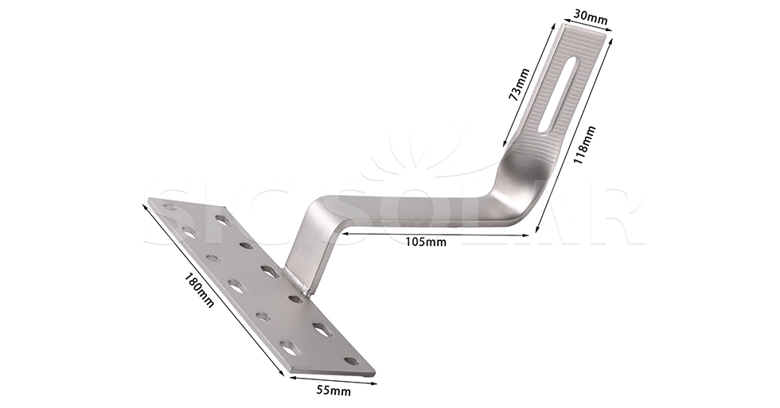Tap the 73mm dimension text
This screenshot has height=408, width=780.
(x=518, y=85)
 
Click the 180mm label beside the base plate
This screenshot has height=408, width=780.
(x=198, y=290)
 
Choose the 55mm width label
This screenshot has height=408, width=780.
(x=328, y=391)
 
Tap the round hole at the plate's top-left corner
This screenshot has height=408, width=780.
(x=170, y=207)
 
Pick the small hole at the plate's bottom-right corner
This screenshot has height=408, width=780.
(x=351, y=361)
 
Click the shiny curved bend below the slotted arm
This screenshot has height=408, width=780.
(x=517, y=175)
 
